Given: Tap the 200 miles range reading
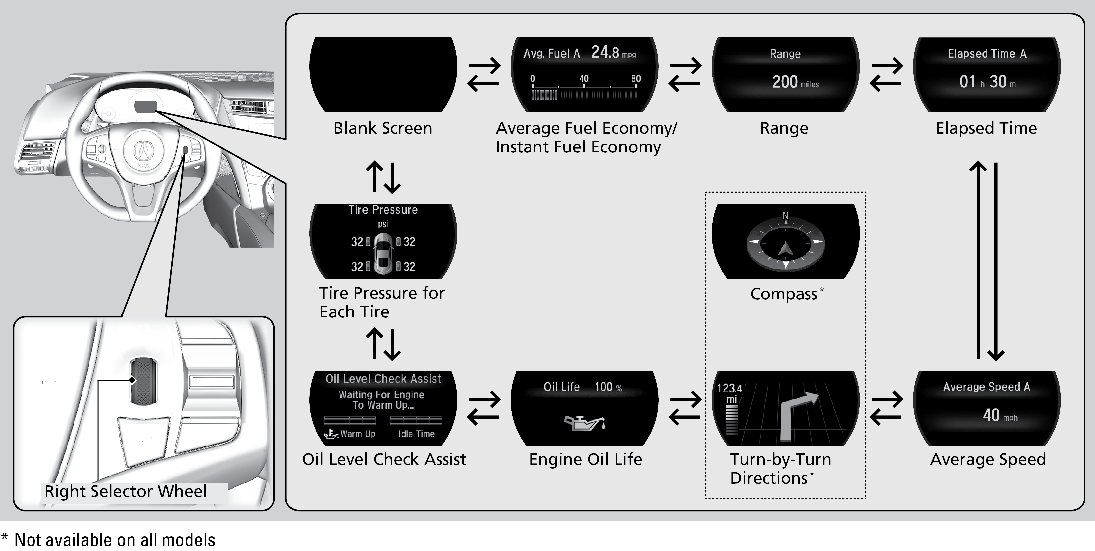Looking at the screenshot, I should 795,82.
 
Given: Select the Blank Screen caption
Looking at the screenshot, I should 383,128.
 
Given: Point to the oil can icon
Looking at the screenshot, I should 584,423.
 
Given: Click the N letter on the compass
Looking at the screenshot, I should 786,216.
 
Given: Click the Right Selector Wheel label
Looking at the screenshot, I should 126,491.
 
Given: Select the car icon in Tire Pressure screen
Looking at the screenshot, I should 383,253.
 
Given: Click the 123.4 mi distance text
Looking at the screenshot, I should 730,394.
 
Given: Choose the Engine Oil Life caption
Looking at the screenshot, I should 585,459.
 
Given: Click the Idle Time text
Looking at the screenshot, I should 416,434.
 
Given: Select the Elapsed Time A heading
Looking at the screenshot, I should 987,54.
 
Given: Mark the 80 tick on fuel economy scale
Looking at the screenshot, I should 636,79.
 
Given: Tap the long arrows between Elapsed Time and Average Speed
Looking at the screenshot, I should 987,260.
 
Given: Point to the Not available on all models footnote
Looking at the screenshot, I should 109,540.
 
